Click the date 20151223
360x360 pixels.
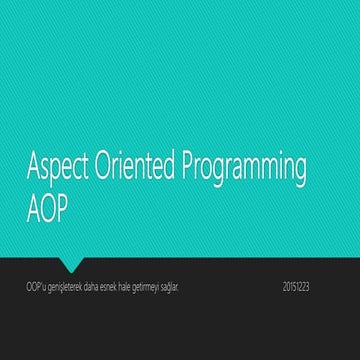click(x=296, y=287)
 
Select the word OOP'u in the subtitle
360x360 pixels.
click(x=37, y=287)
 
